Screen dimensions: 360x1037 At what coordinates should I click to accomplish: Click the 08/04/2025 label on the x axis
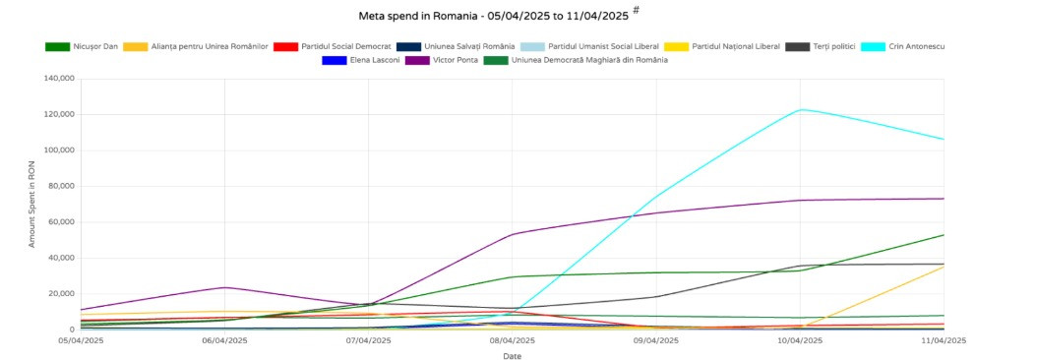512,340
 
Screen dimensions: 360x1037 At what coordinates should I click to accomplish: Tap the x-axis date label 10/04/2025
799,340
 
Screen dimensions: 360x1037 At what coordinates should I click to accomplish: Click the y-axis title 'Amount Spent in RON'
32,204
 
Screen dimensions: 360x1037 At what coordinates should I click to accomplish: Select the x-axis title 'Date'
512,355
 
